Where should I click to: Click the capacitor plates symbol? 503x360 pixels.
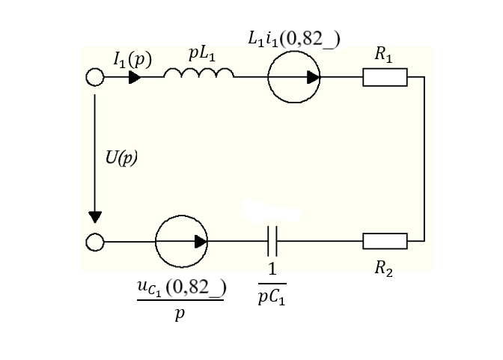pyautogui.click(x=272, y=241)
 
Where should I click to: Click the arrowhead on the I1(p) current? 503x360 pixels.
pyautogui.click(x=135, y=77)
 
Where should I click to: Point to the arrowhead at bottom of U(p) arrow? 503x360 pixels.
pyautogui.click(x=95, y=217)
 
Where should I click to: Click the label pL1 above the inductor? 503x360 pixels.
pyautogui.click(x=202, y=54)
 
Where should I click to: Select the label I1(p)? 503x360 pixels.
pyautogui.click(x=132, y=60)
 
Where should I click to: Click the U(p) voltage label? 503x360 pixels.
pyautogui.click(x=121, y=158)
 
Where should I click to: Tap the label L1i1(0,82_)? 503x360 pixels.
pyautogui.click(x=294, y=39)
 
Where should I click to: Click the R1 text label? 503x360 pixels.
pyautogui.click(x=384, y=54)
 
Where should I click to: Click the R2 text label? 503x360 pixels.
pyautogui.click(x=384, y=268)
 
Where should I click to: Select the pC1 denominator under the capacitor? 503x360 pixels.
pyautogui.click(x=272, y=298)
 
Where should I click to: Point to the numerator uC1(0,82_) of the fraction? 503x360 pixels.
pyautogui.click(x=182, y=288)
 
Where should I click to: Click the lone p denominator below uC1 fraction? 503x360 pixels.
pyautogui.click(x=180, y=314)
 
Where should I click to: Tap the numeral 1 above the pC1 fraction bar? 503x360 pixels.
pyautogui.click(x=272, y=269)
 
